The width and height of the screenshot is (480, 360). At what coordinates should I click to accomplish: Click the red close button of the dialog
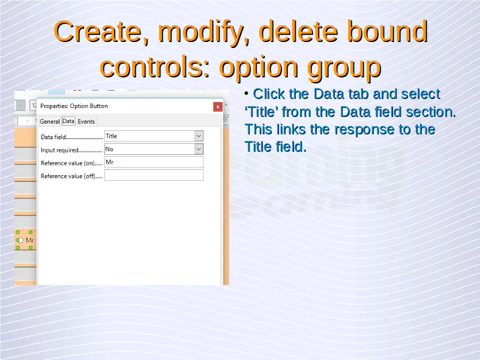[218, 107]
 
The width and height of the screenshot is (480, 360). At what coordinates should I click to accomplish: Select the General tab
[50, 122]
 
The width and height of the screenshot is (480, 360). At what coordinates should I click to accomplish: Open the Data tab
[68, 121]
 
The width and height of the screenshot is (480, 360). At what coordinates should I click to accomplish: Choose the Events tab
[86, 122]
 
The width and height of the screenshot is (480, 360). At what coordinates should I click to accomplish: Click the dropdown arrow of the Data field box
[199, 136]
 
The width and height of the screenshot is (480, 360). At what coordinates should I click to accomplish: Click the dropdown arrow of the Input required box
[199, 149]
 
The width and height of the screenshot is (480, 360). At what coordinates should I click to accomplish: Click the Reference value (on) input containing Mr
[154, 162]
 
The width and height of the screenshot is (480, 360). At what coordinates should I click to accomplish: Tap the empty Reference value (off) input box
[154, 175]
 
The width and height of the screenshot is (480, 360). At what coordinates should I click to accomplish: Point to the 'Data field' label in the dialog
[53, 137]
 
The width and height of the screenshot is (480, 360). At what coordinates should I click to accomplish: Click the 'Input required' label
[59, 150]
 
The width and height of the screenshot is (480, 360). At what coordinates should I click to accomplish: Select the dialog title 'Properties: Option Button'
[74, 106]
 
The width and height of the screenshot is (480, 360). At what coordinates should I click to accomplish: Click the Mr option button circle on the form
[20, 241]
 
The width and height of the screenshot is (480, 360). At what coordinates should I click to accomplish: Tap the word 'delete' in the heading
[298, 31]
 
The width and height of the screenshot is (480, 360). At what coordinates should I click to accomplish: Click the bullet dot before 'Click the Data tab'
[247, 94]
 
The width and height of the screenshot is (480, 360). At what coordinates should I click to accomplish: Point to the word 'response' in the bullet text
[364, 130]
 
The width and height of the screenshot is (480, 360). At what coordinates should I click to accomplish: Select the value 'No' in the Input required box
[109, 149]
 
